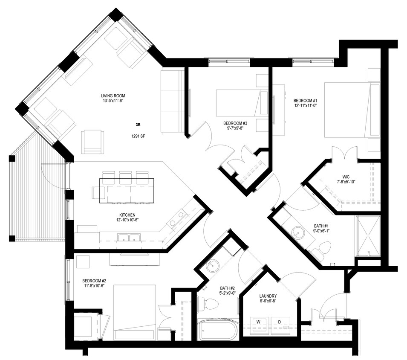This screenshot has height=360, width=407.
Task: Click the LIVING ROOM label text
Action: [113, 96]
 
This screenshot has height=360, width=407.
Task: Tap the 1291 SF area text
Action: [137, 137]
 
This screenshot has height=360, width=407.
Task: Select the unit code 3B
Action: [138, 125]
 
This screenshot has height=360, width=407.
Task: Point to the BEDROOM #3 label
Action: [235, 123]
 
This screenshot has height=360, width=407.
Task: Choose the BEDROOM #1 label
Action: [305, 101]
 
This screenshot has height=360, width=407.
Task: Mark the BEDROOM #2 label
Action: [94, 281]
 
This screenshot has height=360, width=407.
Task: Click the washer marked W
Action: [259, 323]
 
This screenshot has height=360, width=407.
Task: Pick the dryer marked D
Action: [280, 323]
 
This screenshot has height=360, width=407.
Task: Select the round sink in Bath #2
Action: [211, 267]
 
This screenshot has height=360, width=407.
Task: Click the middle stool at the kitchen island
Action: [126, 177]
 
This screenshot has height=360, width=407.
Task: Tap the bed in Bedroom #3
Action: [241, 102]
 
